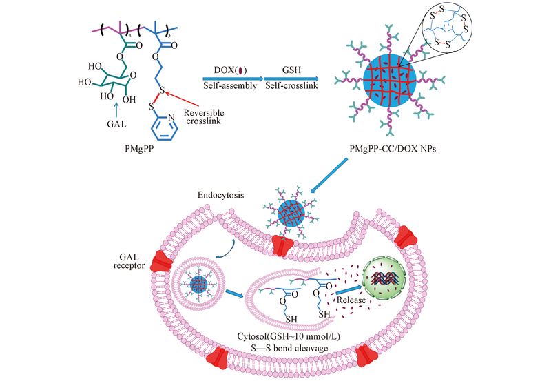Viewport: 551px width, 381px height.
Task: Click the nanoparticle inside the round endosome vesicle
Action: click(200, 283)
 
